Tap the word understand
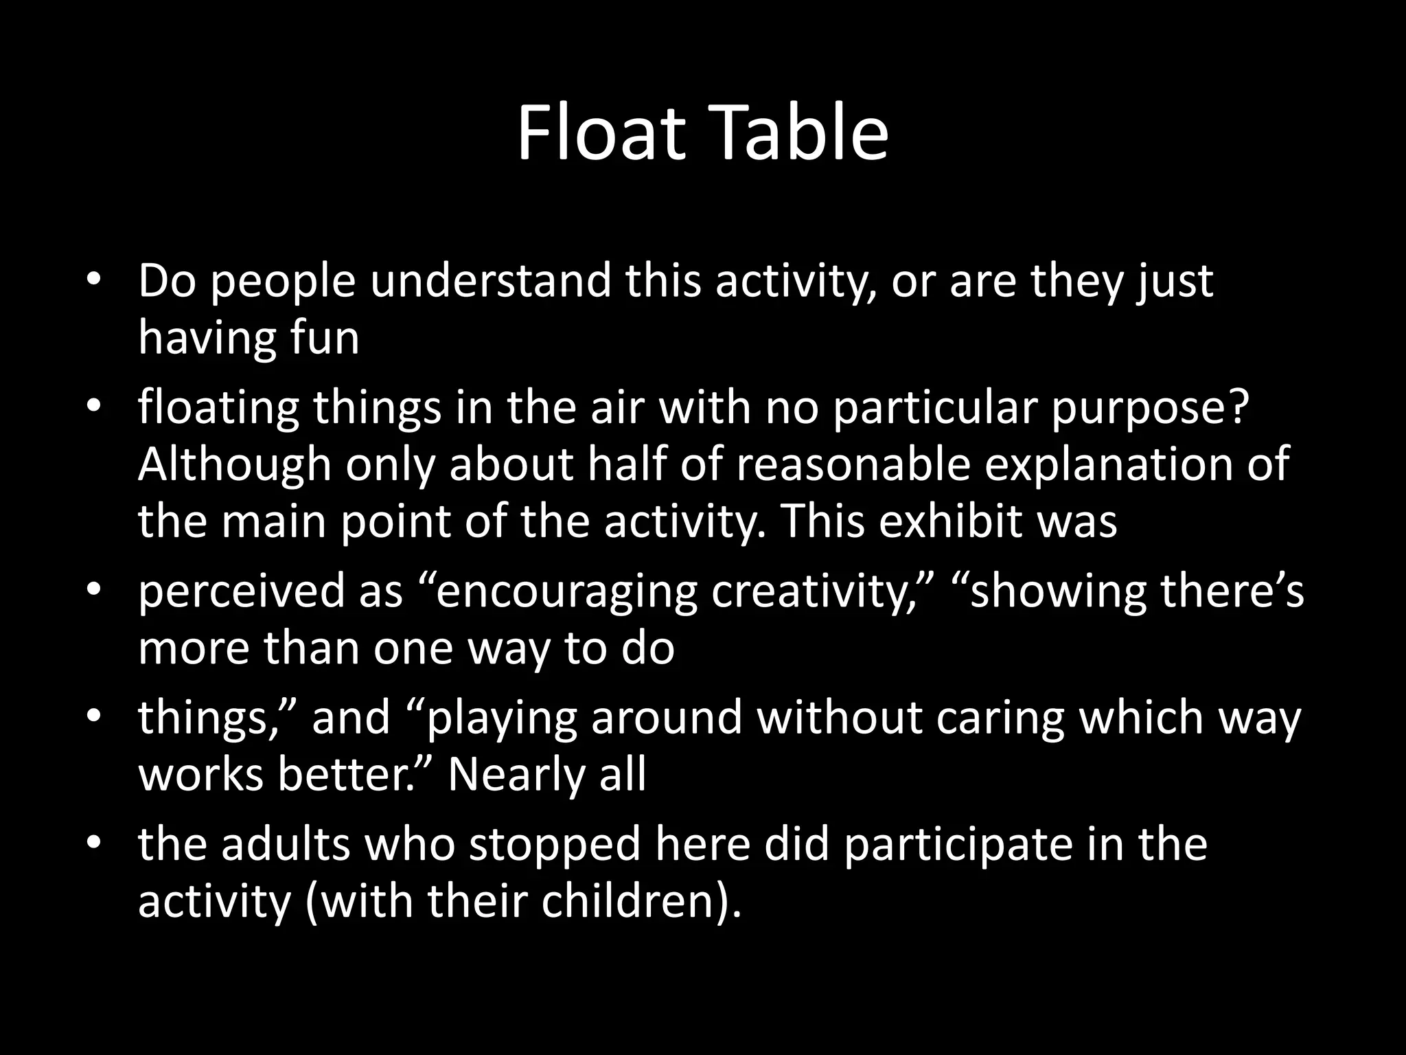490,281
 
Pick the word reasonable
853,465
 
